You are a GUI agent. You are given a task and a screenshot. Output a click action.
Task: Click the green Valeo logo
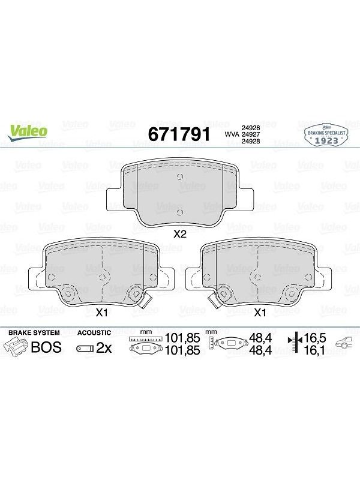pos(27,133)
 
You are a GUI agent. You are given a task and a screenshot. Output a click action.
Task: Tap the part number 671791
pos(179,134)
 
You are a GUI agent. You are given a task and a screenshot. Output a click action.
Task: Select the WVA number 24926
pos(251,128)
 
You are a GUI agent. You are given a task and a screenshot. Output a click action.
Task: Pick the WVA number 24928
pos(251,141)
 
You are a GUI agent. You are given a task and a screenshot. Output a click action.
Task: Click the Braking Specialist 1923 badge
pos(326,136)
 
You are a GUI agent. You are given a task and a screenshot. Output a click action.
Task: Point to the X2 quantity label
pos(179,234)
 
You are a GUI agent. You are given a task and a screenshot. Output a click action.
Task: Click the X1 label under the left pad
pos(101,313)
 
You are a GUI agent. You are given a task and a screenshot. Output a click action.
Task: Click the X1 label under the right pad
pos(260,313)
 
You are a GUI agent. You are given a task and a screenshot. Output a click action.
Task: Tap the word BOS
pos(46,347)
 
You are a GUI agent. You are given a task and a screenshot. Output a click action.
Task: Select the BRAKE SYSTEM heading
pos(34,332)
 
